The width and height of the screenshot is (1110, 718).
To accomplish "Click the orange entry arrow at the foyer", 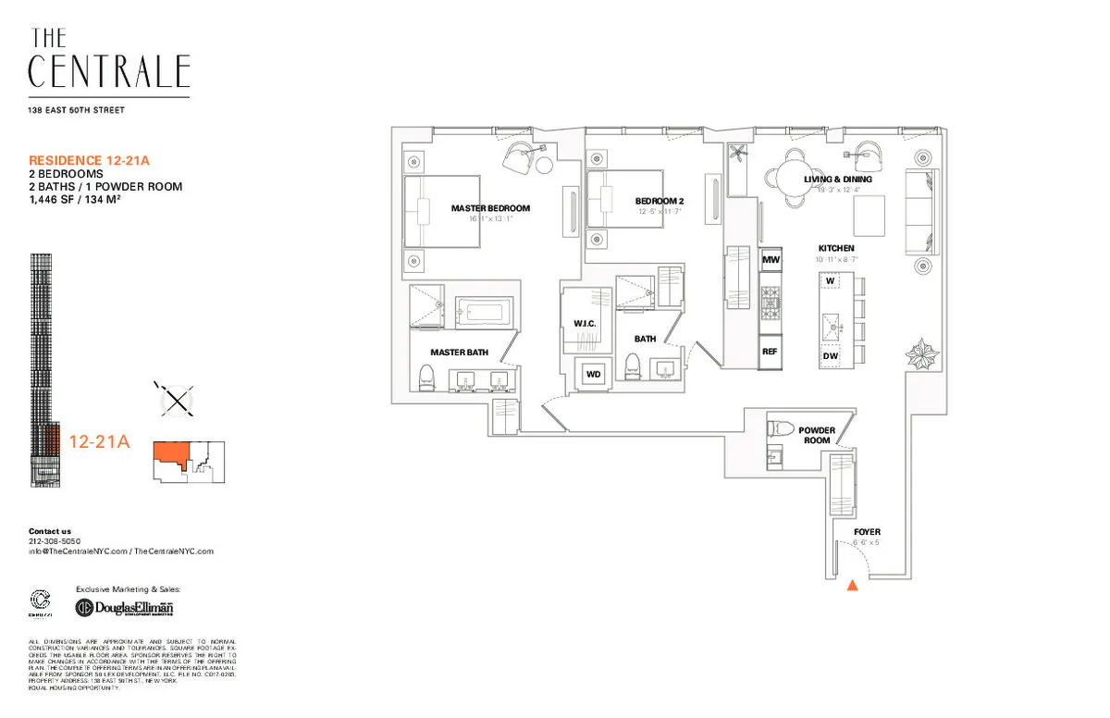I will click(853, 584).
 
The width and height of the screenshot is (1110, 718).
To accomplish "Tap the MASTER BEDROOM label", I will click(490, 208).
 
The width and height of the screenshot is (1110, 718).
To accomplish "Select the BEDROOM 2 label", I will click(660, 202).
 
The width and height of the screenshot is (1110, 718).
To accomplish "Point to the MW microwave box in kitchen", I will click(771, 262).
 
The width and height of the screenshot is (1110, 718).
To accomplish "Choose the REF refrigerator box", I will click(770, 352).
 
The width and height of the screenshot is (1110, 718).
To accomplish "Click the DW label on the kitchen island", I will click(830, 356).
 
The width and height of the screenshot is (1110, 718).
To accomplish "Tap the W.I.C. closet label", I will click(584, 323).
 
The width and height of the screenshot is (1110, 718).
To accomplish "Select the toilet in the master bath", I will click(426, 375).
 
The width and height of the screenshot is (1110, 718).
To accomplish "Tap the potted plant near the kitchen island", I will click(922, 354).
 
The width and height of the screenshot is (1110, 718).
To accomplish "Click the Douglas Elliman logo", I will click(124, 607).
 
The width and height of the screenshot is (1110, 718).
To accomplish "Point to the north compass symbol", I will click(175, 400).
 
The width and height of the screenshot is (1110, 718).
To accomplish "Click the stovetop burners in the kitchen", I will click(771, 299).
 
